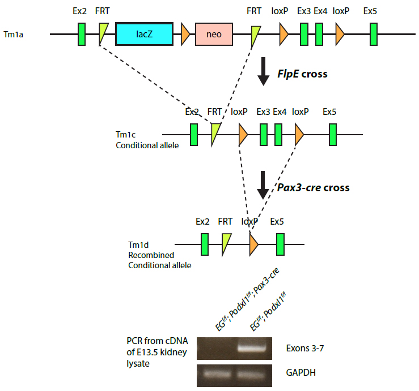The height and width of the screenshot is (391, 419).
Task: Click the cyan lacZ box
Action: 145,34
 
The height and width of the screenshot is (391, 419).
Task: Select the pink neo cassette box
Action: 214,34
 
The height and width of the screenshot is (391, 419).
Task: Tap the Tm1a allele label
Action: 14,35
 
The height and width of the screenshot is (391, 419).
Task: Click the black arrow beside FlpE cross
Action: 263,71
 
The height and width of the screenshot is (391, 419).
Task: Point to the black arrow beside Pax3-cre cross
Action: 263,185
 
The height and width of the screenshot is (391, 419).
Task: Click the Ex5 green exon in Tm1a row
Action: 374,34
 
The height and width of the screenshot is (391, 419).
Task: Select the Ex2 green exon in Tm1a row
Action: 82,34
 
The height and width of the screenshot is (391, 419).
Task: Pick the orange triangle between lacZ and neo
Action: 185,34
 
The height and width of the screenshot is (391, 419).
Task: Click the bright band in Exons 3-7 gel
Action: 252,348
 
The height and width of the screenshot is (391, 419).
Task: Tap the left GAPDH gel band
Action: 217,374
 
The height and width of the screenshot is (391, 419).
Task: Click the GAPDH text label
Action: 301,372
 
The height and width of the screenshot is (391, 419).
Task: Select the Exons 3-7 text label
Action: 305,348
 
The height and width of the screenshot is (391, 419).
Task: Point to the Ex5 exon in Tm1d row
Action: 280,244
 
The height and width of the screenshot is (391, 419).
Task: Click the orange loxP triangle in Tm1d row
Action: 253,244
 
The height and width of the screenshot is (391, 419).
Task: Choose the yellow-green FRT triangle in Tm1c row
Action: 215,134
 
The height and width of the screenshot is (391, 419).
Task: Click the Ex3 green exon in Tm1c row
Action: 264,135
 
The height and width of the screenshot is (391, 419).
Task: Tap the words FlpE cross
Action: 302,74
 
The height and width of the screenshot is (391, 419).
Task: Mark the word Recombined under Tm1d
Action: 151,255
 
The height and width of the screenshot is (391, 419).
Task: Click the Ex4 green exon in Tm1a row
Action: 319,34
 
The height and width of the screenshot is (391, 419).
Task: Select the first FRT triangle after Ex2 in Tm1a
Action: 103,33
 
